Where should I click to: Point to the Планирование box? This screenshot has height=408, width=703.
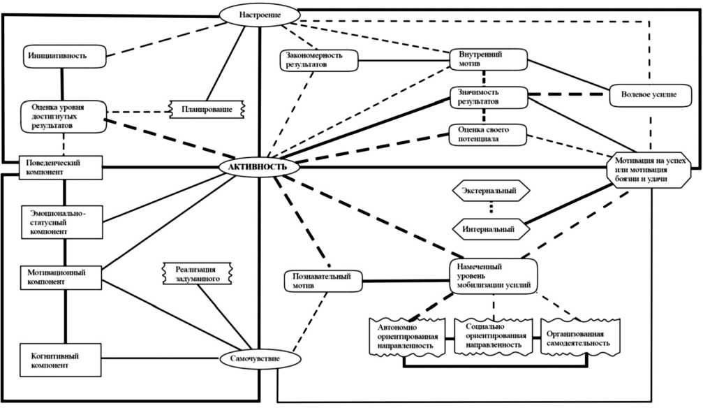(207, 109)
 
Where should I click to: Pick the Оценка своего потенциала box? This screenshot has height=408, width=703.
(487, 134)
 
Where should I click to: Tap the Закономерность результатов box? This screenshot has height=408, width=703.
(318, 60)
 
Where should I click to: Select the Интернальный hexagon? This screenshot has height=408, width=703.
(491, 228)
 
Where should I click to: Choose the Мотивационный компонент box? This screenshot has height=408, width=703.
(61, 277)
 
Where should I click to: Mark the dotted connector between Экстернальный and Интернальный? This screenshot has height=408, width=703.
(491, 209)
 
